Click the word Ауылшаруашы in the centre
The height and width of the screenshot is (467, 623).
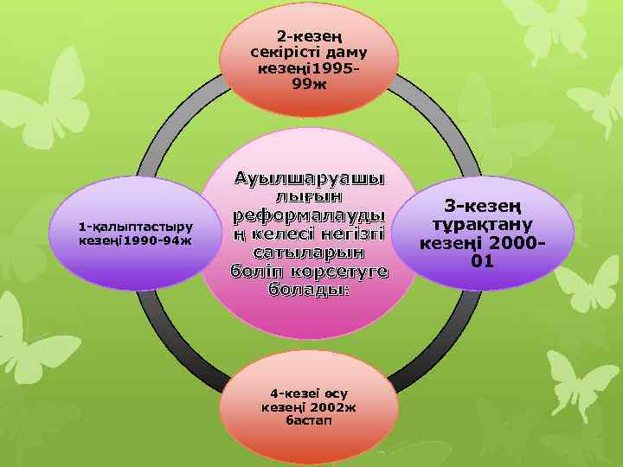pyautogui.click(x=310, y=180)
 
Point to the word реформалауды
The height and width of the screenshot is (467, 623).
pyautogui.click(x=308, y=215)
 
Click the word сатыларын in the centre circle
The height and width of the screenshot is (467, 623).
pyautogui.click(x=309, y=252)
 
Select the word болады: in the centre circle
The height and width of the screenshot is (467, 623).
pyautogui.click(x=309, y=288)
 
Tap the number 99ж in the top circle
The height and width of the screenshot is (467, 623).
pyautogui.click(x=309, y=83)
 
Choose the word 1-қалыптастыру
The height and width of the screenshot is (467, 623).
pyautogui.click(x=135, y=227)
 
